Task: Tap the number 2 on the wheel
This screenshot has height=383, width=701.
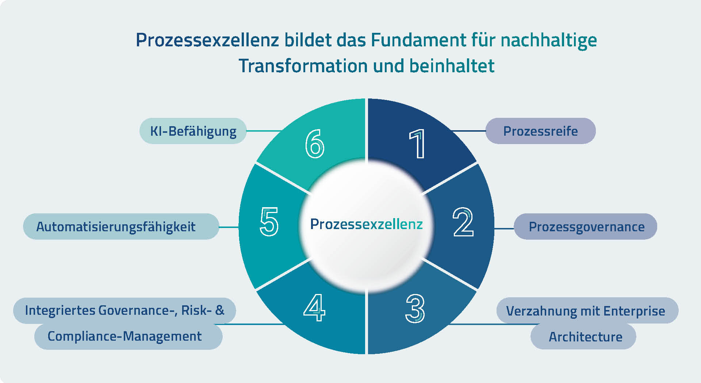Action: tap(463, 222)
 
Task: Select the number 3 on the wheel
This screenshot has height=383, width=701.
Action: tap(415, 309)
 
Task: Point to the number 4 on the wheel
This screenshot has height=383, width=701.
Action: tap(314, 307)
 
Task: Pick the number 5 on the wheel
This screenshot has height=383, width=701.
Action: tap(269, 221)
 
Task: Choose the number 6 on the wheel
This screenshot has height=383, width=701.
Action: tap(315, 144)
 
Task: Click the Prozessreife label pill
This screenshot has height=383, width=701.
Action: tap(540, 131)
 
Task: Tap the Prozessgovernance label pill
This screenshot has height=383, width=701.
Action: tap(586, 227)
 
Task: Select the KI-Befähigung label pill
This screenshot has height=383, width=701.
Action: tap(193, 131)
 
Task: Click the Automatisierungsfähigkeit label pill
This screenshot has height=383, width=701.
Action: tap(121, 227)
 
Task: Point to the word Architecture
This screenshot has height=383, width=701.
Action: tap(586, 337)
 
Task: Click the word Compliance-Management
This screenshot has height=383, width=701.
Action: tap(125, 336)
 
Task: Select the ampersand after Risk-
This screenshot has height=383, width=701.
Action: tap(220, 310)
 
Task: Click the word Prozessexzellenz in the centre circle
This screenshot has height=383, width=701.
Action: tap(366, 224)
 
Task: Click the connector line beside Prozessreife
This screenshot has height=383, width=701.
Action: tap(468, 131)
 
